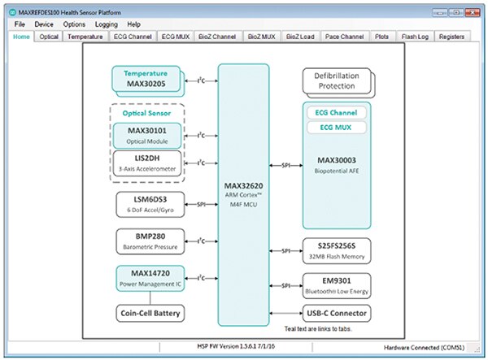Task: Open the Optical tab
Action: click(x=49, y=37)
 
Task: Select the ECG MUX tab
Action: click(x=176, y=37)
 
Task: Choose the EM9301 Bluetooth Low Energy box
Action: click(x=335, y=285)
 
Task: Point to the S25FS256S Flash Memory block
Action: click(x=335, y=249)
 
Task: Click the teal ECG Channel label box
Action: click(x=335, y=111)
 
